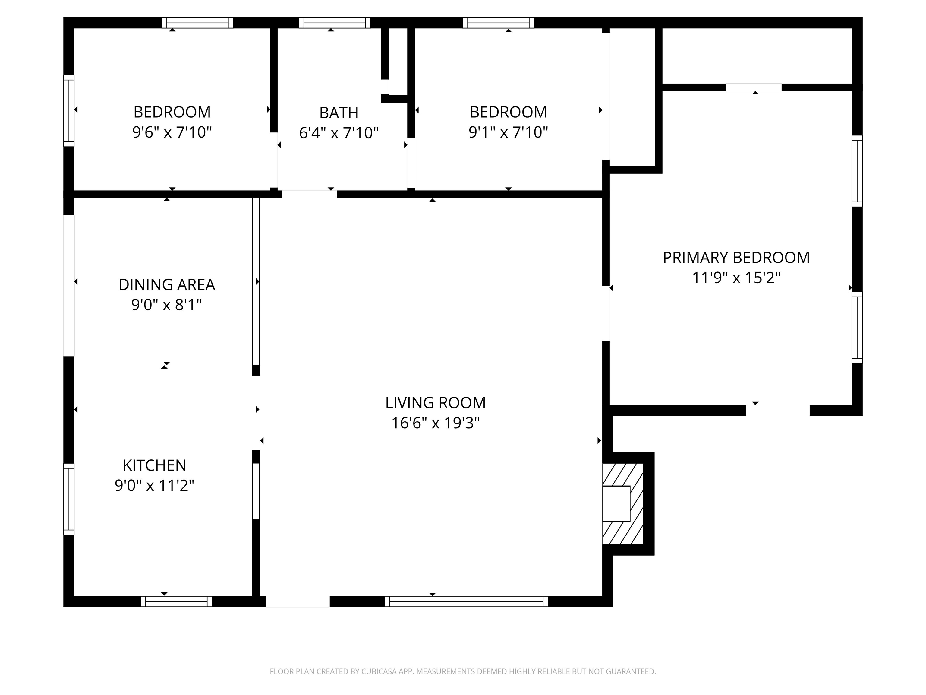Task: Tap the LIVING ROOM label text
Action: pos(435,403)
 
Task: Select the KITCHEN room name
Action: pos(154,465)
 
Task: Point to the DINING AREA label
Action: pos(167,285)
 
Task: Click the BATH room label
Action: pos(339,113)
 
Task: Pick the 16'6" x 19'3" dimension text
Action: pos(435,423)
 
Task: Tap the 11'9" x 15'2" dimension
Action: pos(736,278)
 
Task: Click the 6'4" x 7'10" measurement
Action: pos(339,133)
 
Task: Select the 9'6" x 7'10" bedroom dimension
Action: pos(172,132)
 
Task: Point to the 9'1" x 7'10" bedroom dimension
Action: pos(508,132)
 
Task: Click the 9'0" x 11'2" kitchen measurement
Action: pos(154,486)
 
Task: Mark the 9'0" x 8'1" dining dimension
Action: pos(167,305)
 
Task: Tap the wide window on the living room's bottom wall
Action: pos(466,601)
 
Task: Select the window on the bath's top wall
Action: pos(335,23)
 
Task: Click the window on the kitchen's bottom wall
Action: pos(176,601)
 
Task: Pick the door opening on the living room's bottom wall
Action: pos(298,601)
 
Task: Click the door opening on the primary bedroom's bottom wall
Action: pos(778,411)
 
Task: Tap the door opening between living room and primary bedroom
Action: pos(606,313)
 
